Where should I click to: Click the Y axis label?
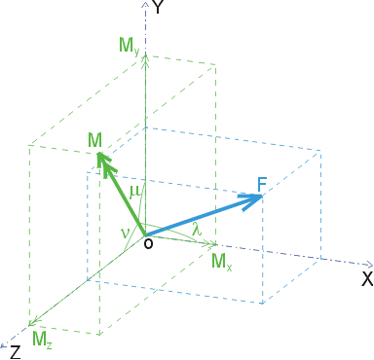point(157,7)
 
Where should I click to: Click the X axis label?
point(367,279)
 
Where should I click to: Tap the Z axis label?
point(16,352)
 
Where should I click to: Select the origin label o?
point(148,243)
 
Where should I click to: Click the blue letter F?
point(262,185)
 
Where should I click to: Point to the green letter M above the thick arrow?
point(94,140)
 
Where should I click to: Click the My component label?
point(130,46)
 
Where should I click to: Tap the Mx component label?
point(222,262)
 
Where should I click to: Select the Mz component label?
point(42,340)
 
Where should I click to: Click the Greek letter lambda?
point(197,230)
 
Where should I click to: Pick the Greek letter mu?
point(135,192)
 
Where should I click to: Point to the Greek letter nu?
point(125,233)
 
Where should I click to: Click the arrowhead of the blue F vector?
point(251,201)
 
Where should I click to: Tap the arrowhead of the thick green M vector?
point(104,162)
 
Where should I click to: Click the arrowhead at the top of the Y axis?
point(146,4)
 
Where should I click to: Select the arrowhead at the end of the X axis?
point(370,264)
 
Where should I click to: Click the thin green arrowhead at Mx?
point(211,243)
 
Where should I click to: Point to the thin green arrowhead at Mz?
point(33,322)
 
